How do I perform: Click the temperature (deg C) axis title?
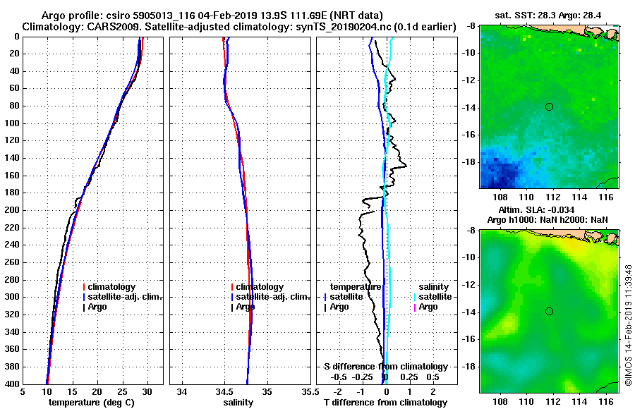(92, 403)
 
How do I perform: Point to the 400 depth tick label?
(12, 384)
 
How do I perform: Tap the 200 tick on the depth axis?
(12, 210)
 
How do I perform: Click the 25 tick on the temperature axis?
(121, 392)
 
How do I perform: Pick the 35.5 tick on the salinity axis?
(308, 392)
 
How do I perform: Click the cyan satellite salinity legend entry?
(431, 297)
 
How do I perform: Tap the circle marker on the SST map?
(549, 106)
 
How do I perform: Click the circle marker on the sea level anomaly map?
(549, 311)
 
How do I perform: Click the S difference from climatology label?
(385, 367)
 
